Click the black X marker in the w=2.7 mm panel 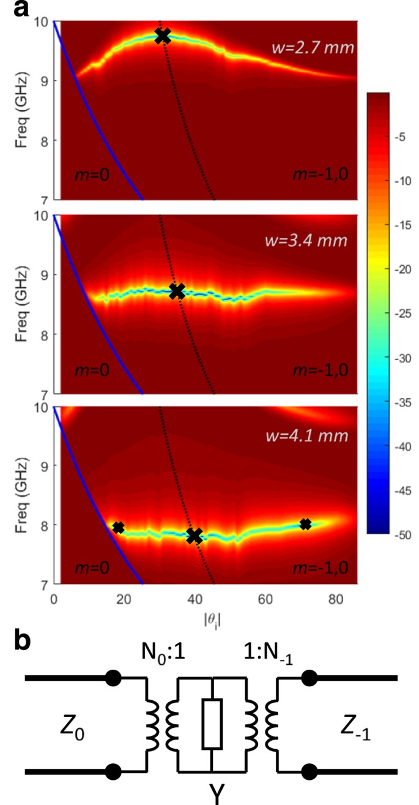(162, 36)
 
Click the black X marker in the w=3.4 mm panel (177, 291)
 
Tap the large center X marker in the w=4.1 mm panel (195, 536)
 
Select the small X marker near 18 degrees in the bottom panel (119, 527)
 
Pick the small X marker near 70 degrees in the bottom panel (305, 524)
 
